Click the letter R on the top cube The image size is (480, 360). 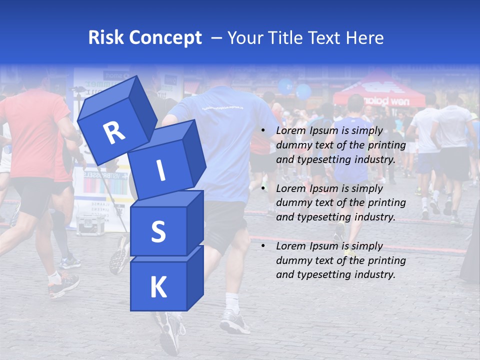click(114, 132)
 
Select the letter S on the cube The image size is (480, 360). click(158, 232)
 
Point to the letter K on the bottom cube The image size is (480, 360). click(158, 287)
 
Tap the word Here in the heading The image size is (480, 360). click(365, 38)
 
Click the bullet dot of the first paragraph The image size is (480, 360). click(263, 131)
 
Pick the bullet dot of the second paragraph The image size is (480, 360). click(263, 188)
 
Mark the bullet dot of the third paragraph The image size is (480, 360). click(263, 246)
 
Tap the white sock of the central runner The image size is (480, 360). click(232, 302)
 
